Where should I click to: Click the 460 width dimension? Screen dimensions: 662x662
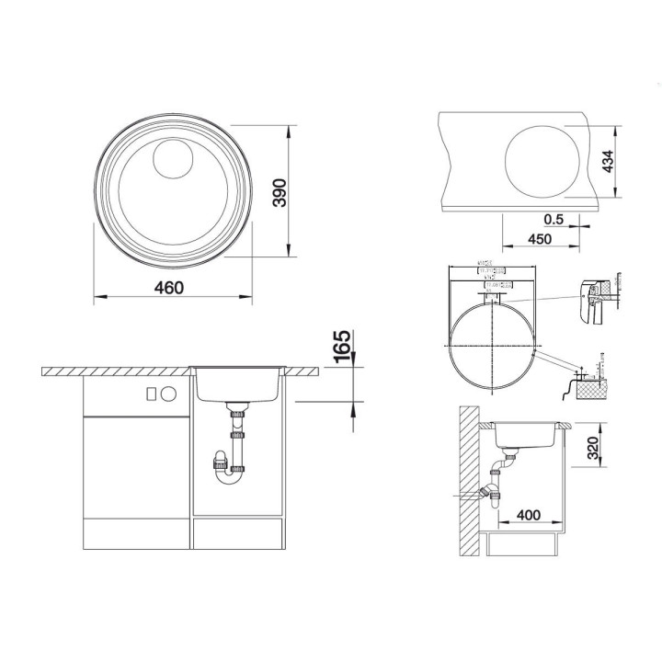(x=167, y=288)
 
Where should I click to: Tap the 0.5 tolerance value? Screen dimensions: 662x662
(x=554, y=219)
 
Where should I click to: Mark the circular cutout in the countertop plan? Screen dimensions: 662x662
(x=543, y=161)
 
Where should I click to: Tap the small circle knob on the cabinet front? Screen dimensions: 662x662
(x=168, y=392)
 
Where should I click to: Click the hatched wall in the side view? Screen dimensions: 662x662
(x=470, y=487)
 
